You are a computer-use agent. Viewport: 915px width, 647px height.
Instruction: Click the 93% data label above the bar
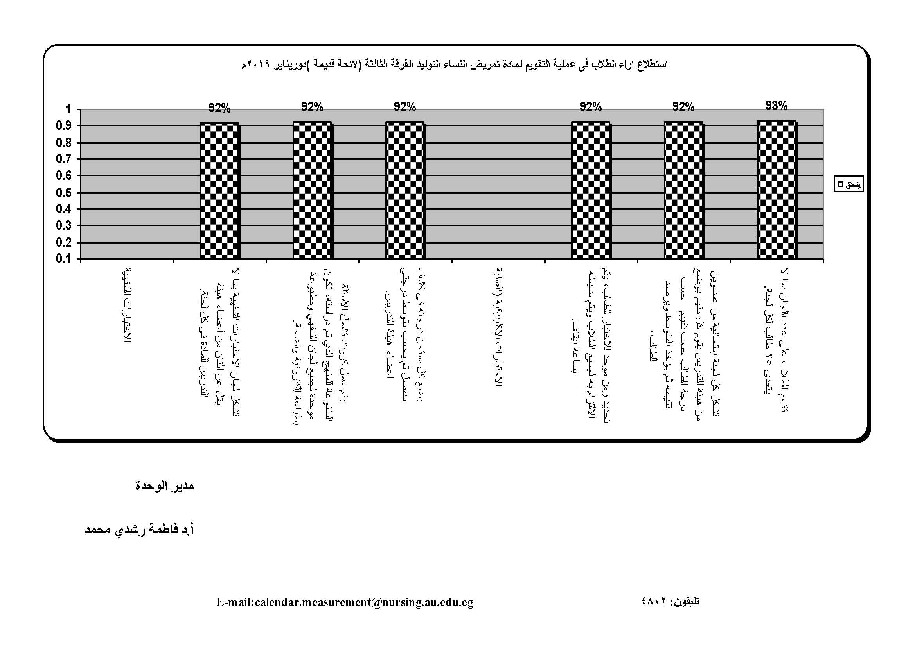[776, 106]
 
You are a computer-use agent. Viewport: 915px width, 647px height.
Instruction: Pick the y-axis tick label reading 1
[68, 109]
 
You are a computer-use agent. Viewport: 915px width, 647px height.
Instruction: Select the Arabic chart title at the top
[454, 65]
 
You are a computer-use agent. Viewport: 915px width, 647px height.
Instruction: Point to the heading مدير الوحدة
[165, 486]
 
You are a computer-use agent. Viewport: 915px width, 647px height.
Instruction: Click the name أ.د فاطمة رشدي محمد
[140, 530]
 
